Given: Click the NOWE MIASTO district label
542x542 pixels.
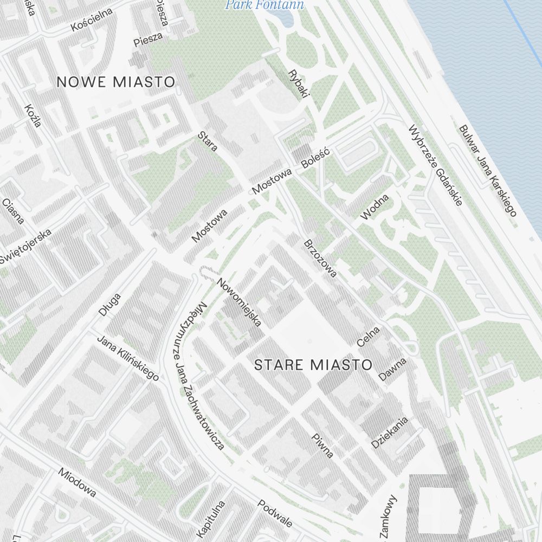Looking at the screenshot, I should (116, 82).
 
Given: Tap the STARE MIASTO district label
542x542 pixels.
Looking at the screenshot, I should (313, 365).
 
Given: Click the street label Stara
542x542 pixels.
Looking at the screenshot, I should (208, 141).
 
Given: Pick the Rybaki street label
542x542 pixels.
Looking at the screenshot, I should (299, 83).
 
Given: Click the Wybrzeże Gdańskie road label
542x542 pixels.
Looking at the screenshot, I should (436, 166).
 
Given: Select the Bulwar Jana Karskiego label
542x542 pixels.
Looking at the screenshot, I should (488, 171).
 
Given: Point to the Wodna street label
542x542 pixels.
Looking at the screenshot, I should (375, 207).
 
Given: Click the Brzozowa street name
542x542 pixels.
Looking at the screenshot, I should (320, 258).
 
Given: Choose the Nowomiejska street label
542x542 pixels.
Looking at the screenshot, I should (239, 302).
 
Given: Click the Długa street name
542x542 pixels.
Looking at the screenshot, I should (109, 305).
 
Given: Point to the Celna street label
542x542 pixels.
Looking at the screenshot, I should (369, 336).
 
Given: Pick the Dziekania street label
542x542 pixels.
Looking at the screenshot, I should (389, 433).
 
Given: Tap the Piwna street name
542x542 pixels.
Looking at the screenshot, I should (322, 446).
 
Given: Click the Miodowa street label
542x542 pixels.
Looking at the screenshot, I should (78, 483).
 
